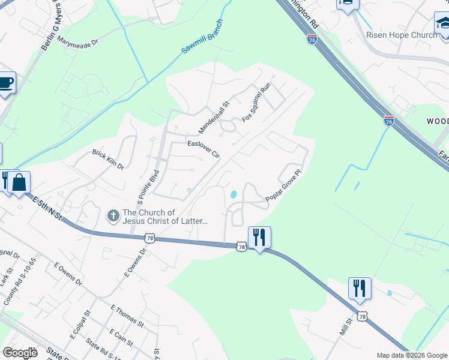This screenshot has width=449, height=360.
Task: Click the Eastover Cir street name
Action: click(x=203, y=148)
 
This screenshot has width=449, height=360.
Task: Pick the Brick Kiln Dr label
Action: click(x=107, y=159)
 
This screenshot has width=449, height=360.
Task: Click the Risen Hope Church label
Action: click(x=402, y=35)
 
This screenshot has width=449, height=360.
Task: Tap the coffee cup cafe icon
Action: click(x=5, y=83)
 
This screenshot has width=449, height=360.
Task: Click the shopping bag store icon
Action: click(x=19, y=182)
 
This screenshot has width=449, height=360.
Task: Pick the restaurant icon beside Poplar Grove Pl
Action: click(x=259, y=236)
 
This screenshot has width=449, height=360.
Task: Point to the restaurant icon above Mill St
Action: click(x=360, y=288)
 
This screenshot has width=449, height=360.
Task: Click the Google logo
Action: click(x=20, y=352)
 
